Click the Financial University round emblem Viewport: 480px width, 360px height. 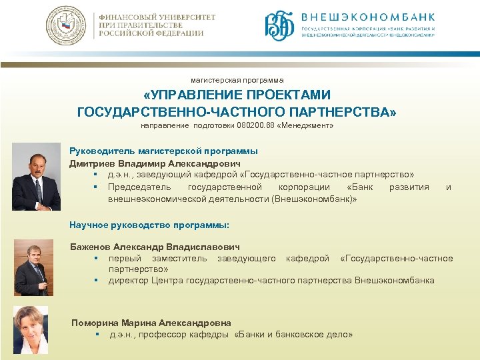pyautogui.click(x=66, y=25)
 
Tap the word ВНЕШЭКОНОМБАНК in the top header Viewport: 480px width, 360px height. pyautogui.click(x=369, y=17)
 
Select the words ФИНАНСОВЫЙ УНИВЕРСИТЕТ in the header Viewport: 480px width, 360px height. pyautogui.click(x=157, y=17)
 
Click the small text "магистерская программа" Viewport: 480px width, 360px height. pyautogui.click(x=237, y=80)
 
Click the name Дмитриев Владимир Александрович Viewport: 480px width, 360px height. pyautogui.click(x=155, y=163)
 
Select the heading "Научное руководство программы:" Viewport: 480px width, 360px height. pyautogui.click(x=149, y=225)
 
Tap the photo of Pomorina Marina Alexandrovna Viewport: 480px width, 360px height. pyautogui.click(x=31, y=329)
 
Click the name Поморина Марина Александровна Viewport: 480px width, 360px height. pyautogui.click(x=151, y=323)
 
